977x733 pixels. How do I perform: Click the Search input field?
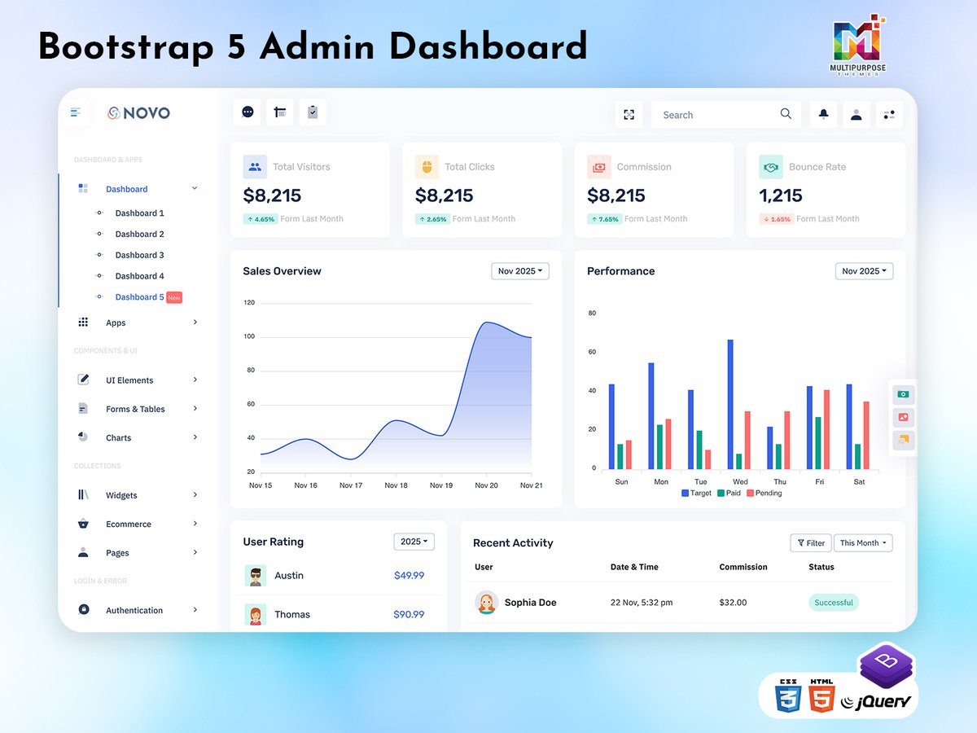(x=716, y=115)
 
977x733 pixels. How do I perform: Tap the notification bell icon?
(x=823, y=115)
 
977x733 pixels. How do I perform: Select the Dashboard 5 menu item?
(x=139, y=297)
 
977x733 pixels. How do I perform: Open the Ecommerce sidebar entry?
(x=129, y=525)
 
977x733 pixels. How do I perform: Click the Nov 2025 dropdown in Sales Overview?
(x=519, y=271)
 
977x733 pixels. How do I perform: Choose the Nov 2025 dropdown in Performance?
(x=864, y=271)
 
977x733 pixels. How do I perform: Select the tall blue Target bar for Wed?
(x=730, y=404)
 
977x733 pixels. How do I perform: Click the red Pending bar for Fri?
(x=826, y=429)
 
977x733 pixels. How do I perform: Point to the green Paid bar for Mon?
(x=659, y=446)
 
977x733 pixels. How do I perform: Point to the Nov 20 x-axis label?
(x=486, y=485)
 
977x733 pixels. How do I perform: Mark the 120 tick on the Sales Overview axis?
(x=249, y=303)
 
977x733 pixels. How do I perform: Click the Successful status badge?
(x=834, y=603)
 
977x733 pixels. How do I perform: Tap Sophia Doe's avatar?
(x=487, y=603)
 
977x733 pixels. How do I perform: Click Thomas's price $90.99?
(x=409, y=614)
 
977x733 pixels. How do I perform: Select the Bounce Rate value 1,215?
(x=781, y=195)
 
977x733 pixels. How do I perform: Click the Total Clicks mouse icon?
(x=427, y=167)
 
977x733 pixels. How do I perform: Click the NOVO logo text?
(x=147, y=113)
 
